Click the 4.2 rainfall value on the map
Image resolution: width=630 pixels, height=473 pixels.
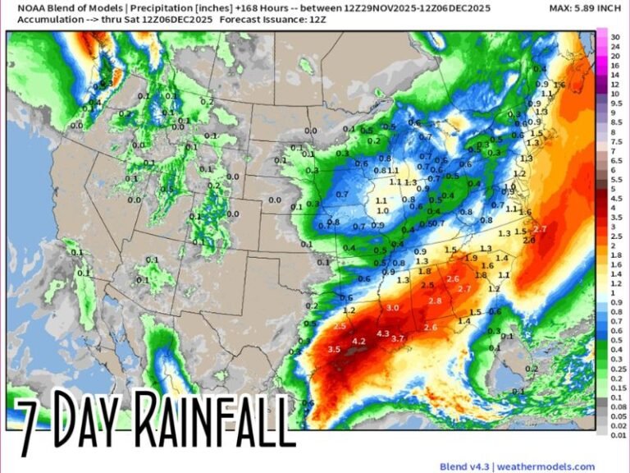[358, 341]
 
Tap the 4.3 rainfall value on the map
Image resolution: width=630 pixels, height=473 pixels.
[383, 333]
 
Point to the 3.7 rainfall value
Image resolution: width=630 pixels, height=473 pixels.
[399, 338]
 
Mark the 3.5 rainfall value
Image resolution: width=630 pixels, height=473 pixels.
[334, 349]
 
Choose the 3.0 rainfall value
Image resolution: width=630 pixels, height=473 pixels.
[392, 307]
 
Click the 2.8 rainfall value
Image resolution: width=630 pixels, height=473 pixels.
[436, 301]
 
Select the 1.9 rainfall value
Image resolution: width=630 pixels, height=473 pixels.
[470, 258]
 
